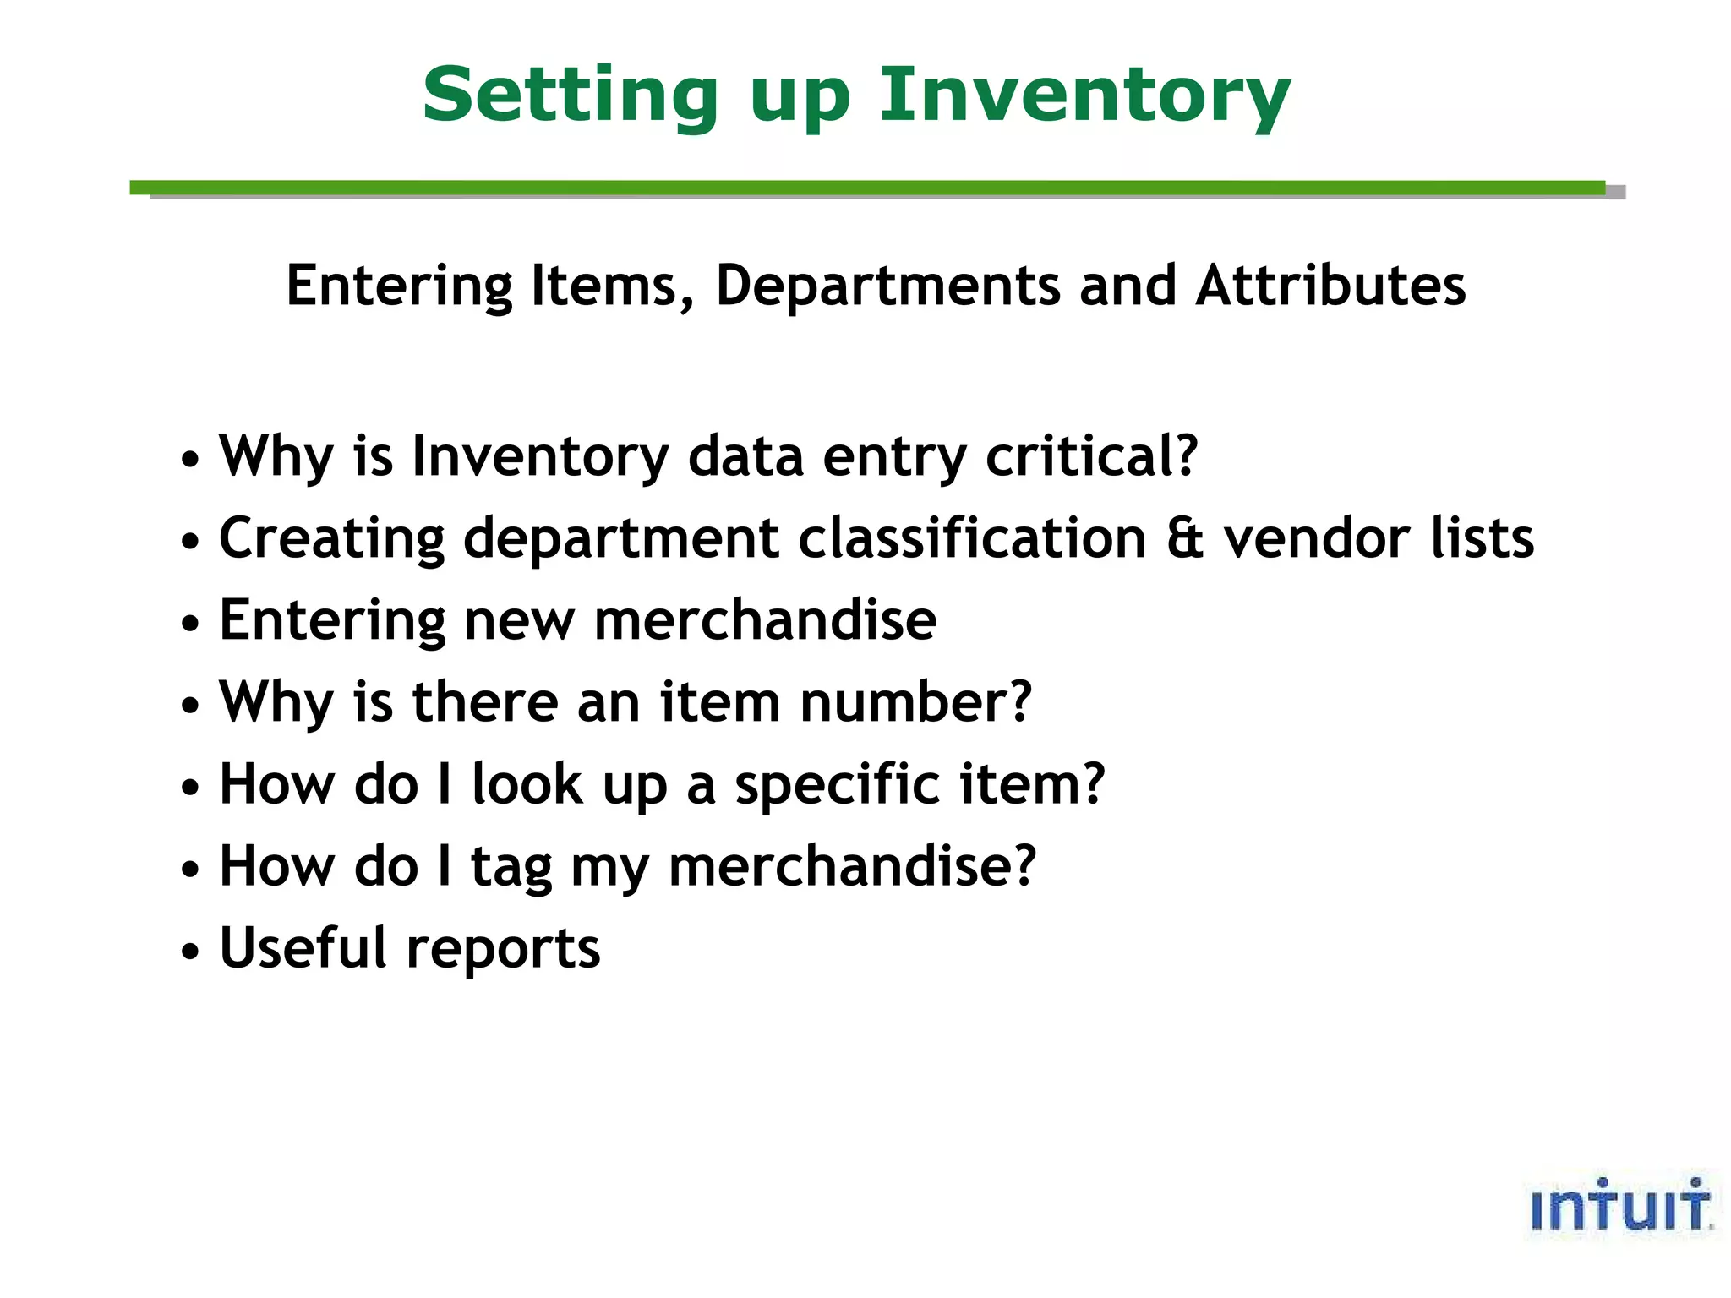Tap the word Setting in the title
(570, 96)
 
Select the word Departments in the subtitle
(887, 286)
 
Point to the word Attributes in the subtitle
(1330, 286)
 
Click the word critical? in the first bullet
(1091, 456)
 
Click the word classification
(972, 538)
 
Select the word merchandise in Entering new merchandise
(765, 620)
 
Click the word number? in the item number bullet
(915, 702)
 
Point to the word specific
(837, 784)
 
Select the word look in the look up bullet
(527, 784)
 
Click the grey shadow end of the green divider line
(1615, 193)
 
